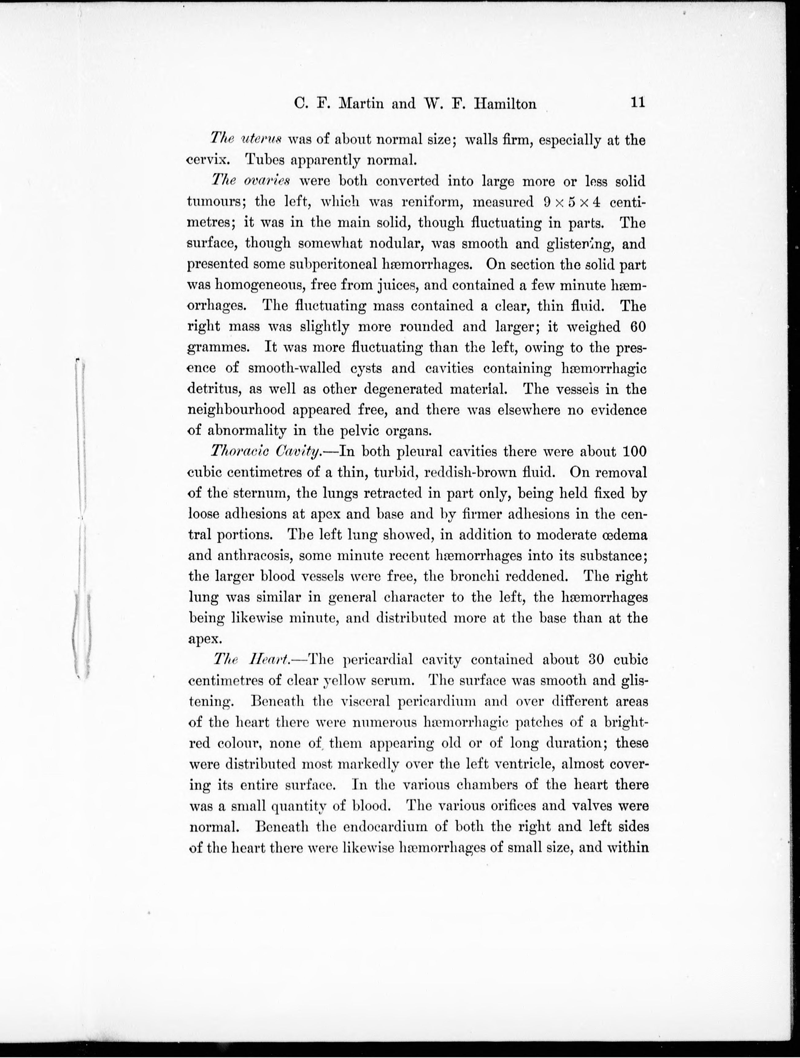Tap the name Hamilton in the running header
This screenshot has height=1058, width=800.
click(505, 104)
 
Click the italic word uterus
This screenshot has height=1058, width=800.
click(262, 140)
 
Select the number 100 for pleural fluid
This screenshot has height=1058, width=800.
click(635, 451)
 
